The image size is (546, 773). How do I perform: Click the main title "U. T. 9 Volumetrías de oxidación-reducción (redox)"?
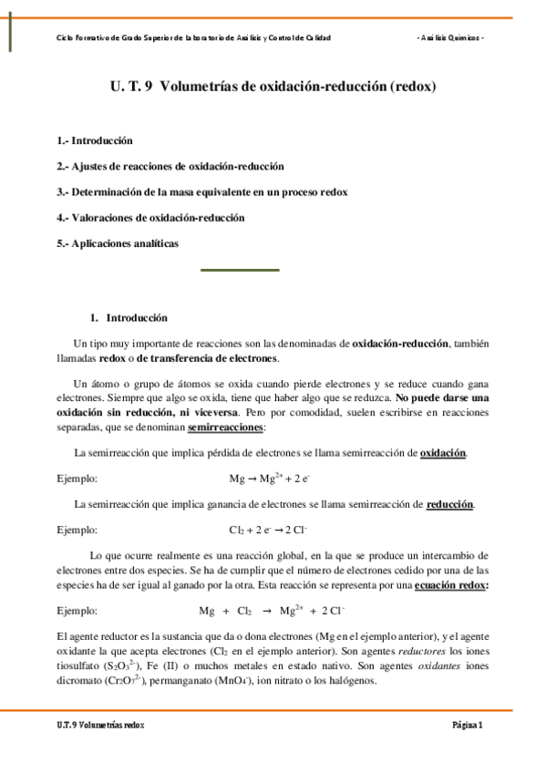click(x=273, y=88)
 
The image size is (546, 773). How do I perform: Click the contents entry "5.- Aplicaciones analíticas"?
click(x=118, y=243)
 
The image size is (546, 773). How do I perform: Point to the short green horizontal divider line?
click(x=239, y=270)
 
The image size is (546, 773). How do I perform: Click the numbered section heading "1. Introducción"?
click(x=129, y=318)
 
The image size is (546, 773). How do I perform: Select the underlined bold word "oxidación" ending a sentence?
click(x=443, y=453)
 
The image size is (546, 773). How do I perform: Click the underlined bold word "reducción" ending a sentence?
click(x=449, y=504)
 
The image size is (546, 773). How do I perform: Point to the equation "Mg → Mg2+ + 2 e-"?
click(x=270, y=478)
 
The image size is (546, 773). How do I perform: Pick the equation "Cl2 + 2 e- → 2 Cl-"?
click(x=268, y=530)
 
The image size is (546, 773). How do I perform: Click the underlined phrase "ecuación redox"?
click(x=450, y=585)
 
